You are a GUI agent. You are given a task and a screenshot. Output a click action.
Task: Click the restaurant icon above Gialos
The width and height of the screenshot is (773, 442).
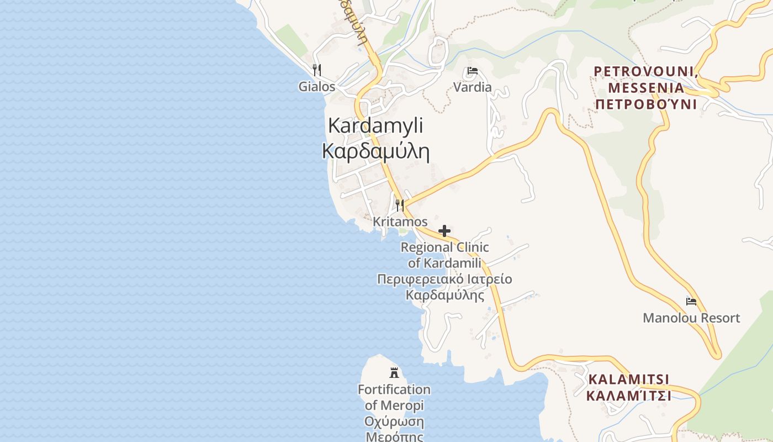pos(317,70)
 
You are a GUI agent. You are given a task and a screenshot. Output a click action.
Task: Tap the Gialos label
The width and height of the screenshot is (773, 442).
pos(317,87)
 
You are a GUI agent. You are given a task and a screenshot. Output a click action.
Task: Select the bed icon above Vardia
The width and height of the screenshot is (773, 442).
pos(472,71)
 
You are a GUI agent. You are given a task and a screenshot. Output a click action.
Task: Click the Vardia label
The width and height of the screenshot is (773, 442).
pos(472,87)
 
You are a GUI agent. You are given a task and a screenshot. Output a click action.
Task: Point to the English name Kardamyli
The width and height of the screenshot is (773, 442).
pos(375,125)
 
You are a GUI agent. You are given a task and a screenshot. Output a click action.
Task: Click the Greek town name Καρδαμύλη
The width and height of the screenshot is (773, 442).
pos(375,151)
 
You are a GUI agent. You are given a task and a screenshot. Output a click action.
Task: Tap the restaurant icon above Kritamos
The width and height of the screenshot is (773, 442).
pos(400,206)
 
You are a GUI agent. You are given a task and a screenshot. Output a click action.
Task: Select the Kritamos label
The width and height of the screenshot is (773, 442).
pos(400,222)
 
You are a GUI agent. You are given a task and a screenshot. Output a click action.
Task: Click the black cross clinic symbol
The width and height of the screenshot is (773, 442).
pos(444,230)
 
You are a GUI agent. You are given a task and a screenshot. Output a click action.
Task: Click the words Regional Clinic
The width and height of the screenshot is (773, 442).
pos(444,247)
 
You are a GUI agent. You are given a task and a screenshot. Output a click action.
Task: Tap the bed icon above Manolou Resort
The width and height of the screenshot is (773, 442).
pos(691,302)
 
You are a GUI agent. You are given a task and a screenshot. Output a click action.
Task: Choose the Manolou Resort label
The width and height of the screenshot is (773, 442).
pos(691,318)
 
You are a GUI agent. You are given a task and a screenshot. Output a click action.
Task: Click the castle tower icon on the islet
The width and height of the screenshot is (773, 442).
pos(394,372)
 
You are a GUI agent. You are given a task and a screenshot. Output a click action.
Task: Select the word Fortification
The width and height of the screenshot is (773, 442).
pos(394,390)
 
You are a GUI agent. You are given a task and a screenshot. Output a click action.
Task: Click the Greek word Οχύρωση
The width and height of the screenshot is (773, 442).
pos(394,422)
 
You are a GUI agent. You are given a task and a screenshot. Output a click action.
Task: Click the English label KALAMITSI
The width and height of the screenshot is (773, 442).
pos(628,380)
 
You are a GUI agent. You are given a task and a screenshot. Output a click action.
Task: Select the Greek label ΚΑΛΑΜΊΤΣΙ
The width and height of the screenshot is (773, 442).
pos(628,396)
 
